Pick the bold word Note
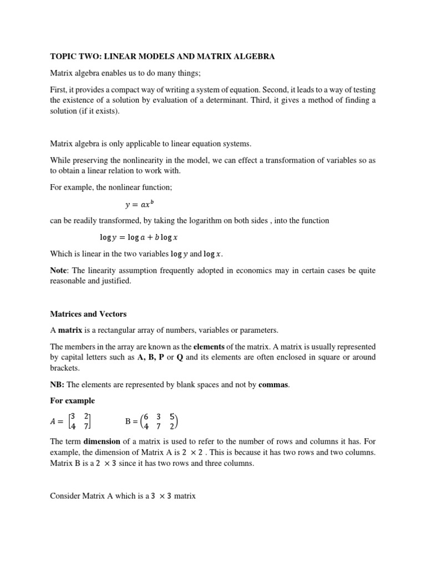tap(59, 270)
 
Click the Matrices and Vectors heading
tap(88, 314)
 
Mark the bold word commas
tap(274, 384)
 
